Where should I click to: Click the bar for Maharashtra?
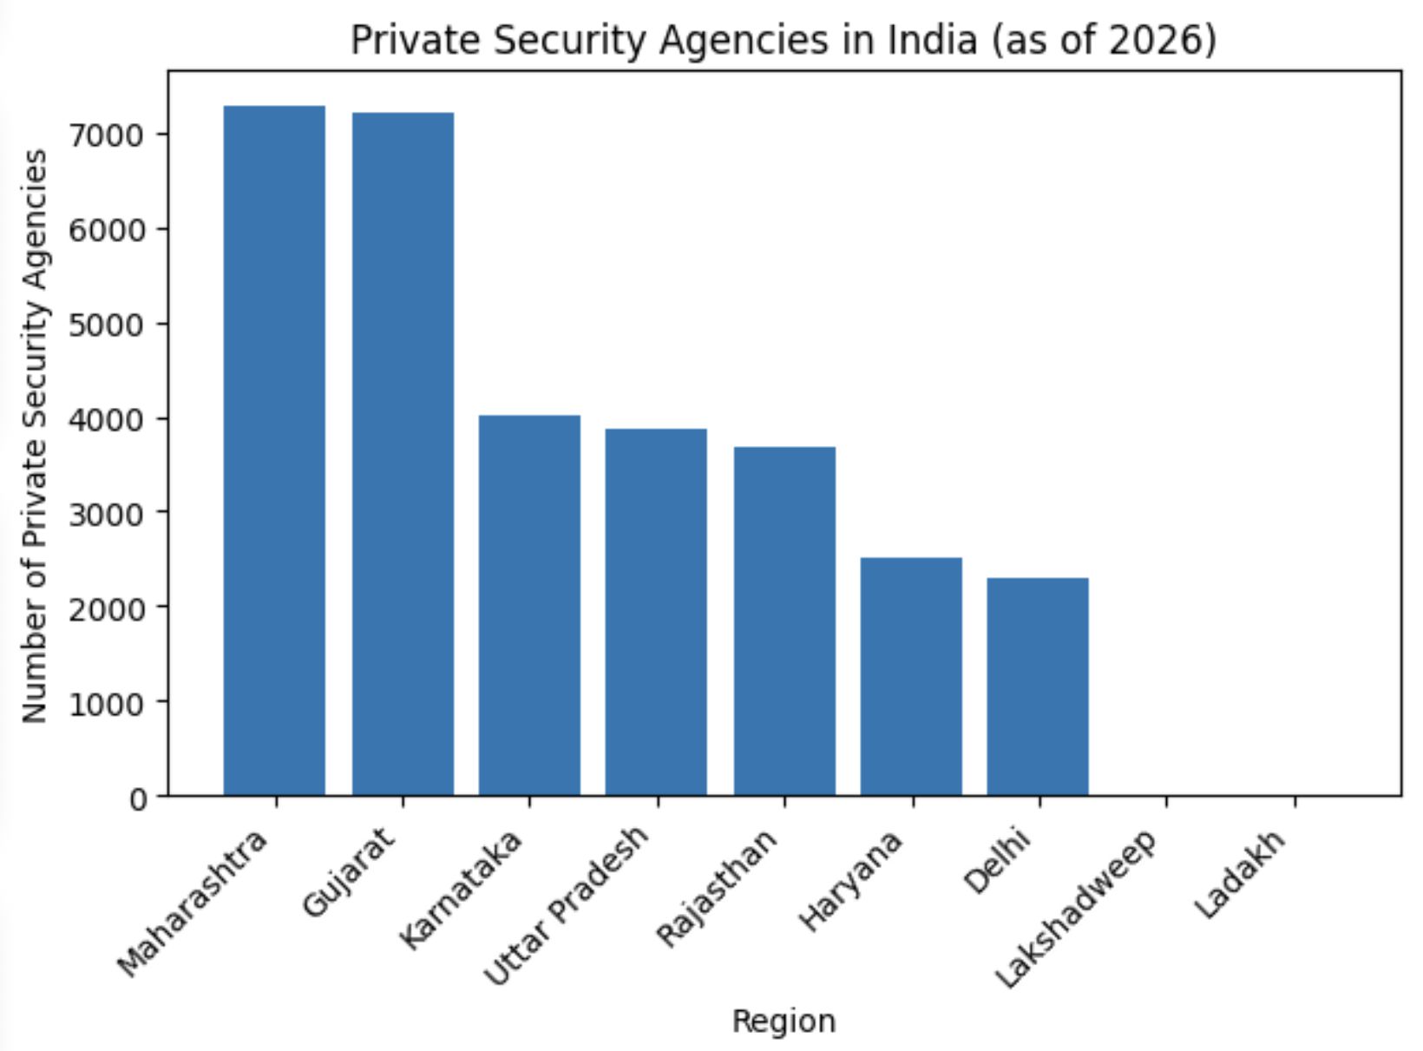pos(274,451)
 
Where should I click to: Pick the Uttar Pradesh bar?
pos(656,612)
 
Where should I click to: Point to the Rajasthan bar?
pos(784,621)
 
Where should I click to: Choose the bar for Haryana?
pos(911,676)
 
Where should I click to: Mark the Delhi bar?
pos(1038,686)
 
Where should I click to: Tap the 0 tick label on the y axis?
pos(140,798)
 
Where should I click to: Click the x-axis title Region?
pos(784,1021)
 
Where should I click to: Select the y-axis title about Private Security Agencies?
pos(36,436)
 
